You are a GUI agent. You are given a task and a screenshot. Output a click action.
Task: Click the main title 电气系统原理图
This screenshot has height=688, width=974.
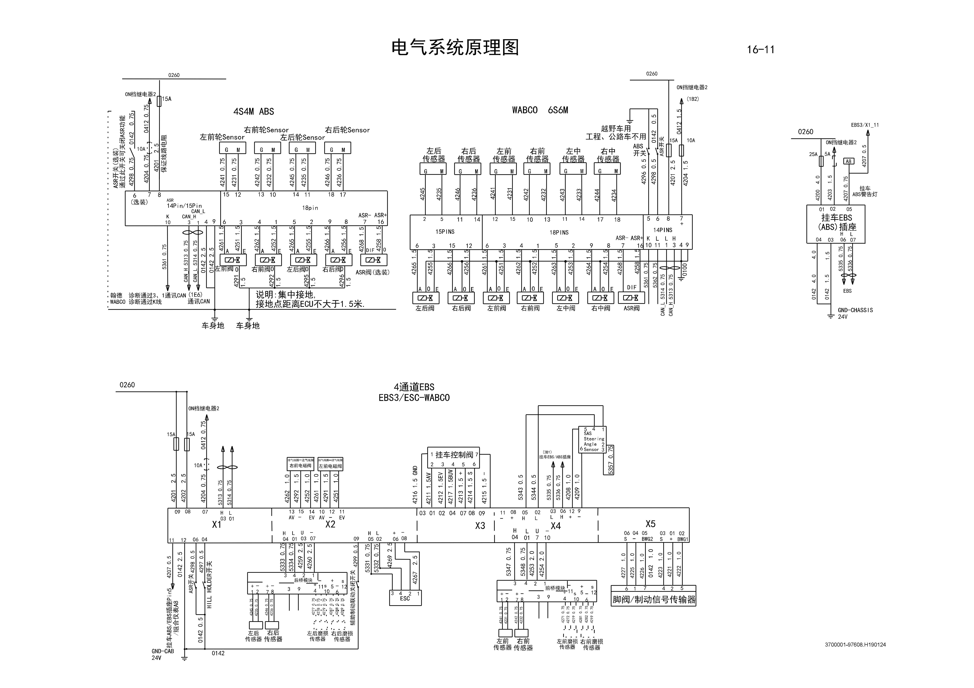[x=455, y=48]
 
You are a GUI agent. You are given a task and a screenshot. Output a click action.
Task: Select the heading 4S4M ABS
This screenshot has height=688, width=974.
[x=254, y=111]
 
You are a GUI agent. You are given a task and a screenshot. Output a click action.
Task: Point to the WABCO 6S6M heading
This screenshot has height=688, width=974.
[x=540, y=110]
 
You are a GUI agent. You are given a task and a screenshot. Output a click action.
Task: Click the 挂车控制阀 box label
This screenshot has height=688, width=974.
[x=454, y=455]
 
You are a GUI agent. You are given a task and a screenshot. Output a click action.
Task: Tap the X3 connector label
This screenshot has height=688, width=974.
[x=480, y=526]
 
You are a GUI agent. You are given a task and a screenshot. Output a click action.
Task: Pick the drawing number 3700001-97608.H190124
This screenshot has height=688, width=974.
[x=855, y=645]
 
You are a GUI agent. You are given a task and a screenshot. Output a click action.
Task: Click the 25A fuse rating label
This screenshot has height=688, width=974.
[x=813, y=154]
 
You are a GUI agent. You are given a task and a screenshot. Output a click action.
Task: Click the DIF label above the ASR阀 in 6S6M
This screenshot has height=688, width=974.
[x=632, y=287]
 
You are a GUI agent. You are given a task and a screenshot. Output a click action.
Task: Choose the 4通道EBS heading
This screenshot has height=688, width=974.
[x=414, y=387]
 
